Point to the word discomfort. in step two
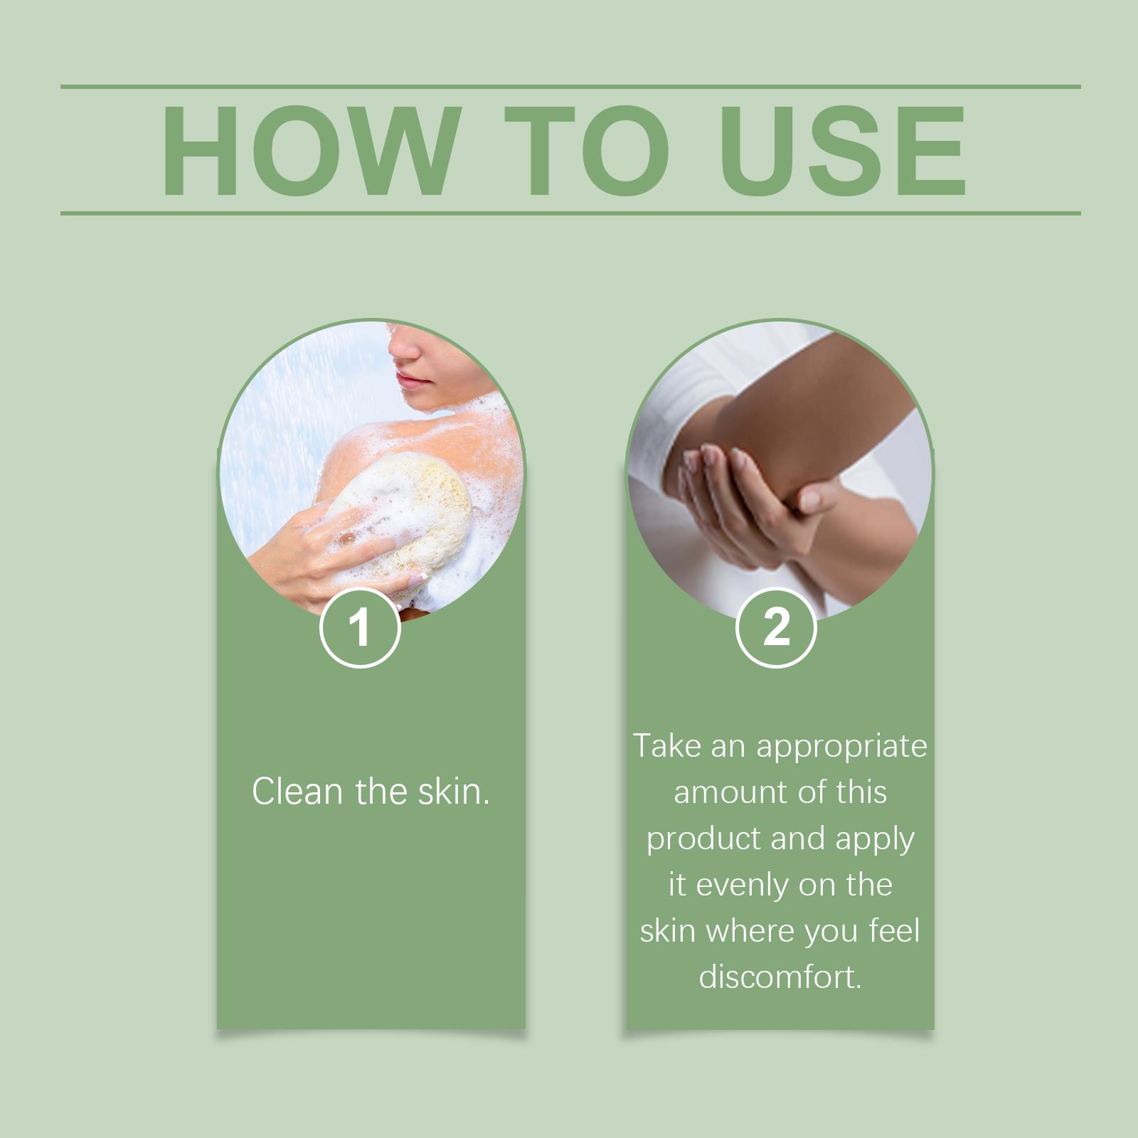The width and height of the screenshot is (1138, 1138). (780, 977)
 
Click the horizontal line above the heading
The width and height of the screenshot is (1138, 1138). (570, 87)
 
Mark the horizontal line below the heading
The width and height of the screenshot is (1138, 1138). (570, 213)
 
